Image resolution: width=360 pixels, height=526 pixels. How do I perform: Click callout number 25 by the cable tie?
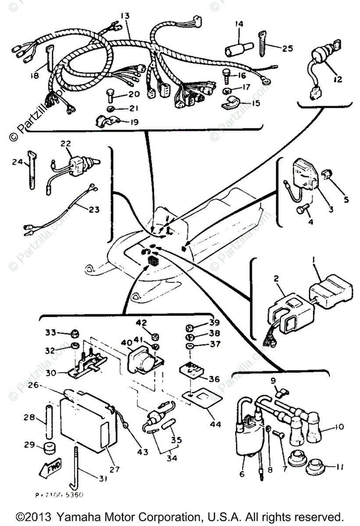point(287,48)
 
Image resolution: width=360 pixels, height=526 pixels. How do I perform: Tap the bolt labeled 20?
point(110,94)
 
